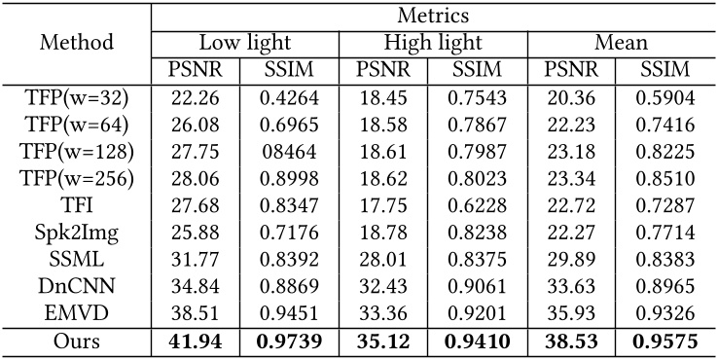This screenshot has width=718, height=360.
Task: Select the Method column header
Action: click(x=77, y=43)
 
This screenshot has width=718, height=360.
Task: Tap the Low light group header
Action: click(x=245, y=43)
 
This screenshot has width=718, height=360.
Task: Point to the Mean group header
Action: click(x=622, y=43)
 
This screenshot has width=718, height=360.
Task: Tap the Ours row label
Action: click(x=77, y=340)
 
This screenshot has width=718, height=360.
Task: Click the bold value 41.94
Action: click(x=199, y=340)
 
